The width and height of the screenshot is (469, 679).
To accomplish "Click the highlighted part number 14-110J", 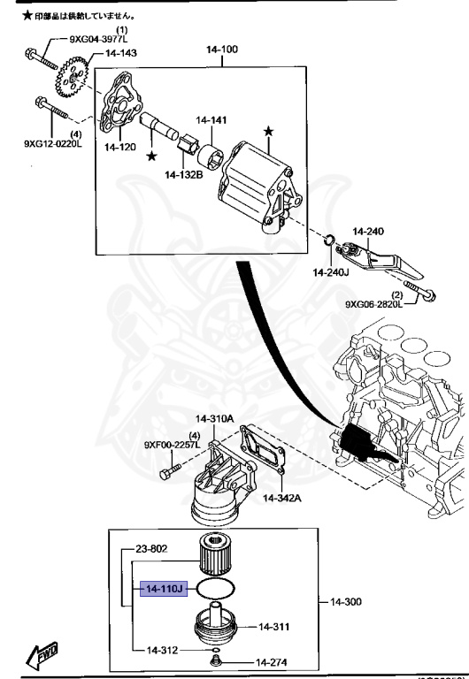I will pyautogui.click(x=161, y=588).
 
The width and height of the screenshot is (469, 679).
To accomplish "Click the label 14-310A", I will pyautogui.click(x=214, y=418).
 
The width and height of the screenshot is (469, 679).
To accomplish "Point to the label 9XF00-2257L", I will pyautogui.click(x=173, y=445).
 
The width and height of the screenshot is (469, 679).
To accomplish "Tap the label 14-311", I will pyautogui.click(x=274, y=627).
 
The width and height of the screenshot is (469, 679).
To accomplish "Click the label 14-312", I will pyautogui.click(x=162, y=650).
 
